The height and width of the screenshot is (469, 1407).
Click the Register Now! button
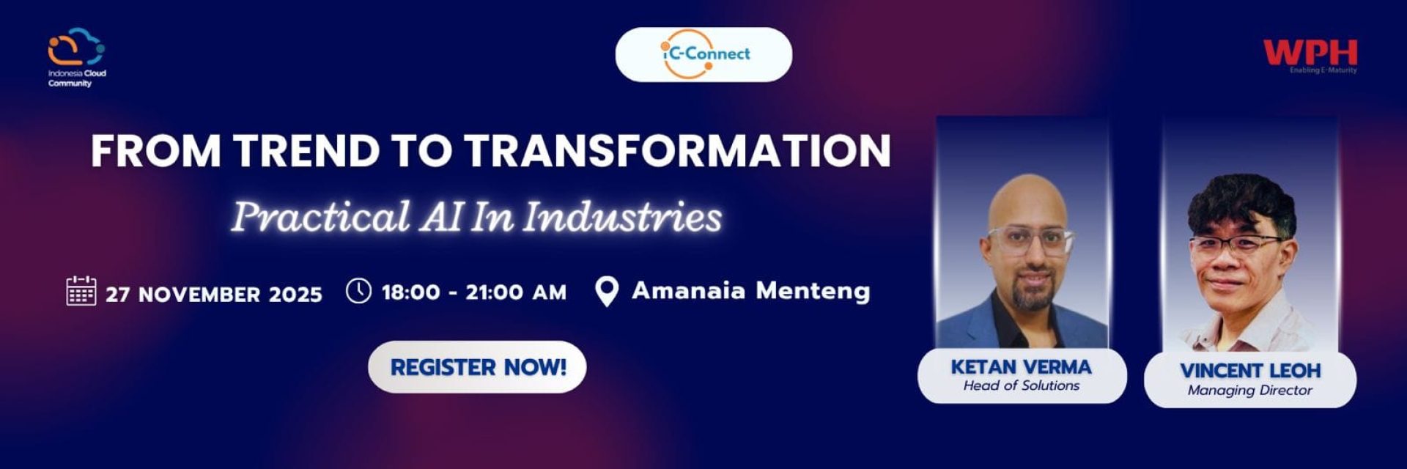(477, 367)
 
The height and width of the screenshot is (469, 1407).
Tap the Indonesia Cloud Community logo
(77, 57)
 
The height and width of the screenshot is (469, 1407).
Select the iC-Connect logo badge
(703, 54)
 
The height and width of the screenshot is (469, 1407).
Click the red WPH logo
(1310, 56)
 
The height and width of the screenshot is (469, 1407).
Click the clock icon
(358, 290)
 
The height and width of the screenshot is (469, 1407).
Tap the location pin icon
(606, 292)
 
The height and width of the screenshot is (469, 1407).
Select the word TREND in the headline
(307, 150)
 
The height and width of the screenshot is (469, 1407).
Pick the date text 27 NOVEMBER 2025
(214, 295)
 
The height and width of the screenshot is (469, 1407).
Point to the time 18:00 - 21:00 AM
(474, 292)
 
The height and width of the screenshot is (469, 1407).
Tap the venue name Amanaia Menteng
(751, 291)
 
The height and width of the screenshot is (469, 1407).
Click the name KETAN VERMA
(1021, 366)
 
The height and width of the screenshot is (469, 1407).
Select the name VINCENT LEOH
(1250, 371)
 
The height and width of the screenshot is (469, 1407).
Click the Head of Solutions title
(1021, 385)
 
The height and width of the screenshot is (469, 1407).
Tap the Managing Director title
(1250, 391)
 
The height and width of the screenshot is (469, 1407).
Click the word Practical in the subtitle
(320, 217)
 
